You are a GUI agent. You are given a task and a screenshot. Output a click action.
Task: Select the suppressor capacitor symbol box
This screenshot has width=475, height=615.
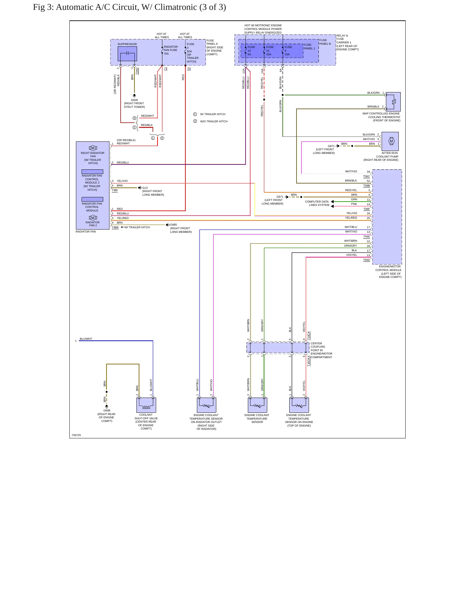(x=127, y=54)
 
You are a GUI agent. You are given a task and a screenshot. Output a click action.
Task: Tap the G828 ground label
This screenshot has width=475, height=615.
(x=134, y=100)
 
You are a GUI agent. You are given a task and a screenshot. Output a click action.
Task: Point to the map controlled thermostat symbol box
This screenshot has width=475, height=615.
(x=393, y=102)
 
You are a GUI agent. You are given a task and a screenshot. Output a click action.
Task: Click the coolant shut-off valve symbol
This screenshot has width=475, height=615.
(x=146, y=405)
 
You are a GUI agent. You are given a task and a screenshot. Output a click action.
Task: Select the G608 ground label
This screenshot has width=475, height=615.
(x=107, y=410)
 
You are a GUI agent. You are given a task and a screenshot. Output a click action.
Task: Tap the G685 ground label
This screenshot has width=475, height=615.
(x=173, y=225)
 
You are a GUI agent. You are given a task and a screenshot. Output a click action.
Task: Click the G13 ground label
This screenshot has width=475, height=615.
(x=145, y=188)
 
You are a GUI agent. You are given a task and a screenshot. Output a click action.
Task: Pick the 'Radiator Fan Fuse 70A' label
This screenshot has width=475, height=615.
(x=171, y=50)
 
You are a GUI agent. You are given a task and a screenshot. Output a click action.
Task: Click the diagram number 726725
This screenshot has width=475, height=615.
(x=76, y=435)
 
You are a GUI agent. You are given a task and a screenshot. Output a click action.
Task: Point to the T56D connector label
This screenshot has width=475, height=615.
(x=367, y=260)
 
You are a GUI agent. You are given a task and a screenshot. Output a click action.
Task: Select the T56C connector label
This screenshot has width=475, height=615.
(x=367, y=176)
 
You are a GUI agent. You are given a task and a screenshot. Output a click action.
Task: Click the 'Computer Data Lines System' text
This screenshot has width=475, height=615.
(x=317, y=203)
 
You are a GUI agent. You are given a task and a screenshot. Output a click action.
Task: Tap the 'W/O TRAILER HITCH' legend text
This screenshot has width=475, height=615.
(x=214, y=121)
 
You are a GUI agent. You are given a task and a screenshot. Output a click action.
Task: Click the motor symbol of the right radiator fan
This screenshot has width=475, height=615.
(x=93, y=148)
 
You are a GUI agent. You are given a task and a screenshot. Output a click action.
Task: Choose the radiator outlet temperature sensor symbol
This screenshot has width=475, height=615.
(x=206, y=405)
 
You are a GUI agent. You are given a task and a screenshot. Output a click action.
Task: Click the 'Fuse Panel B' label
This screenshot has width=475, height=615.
(x=325, y=42)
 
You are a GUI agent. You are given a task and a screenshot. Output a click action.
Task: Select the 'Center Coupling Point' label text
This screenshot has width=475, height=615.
(x=318, y=347)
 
